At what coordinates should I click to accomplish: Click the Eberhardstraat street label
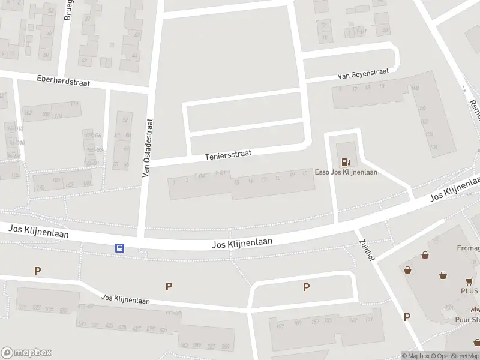point(63,82)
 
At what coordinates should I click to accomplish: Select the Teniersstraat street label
point(227,155)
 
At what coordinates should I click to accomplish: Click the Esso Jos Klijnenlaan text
point(346,172)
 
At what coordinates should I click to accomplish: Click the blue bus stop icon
point(119,248)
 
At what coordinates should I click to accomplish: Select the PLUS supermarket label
point(469,292)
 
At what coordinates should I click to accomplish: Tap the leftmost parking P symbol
point(38,271)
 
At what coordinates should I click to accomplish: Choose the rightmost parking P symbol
point(407,317)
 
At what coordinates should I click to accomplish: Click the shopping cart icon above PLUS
point(469,281)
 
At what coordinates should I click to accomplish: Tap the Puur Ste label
point(467,320)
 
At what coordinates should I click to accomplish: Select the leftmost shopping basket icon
point(408,270)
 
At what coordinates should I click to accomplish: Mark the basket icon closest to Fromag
point(425,254)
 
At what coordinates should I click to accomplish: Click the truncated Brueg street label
point(68,9)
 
